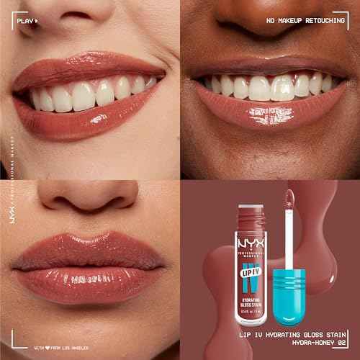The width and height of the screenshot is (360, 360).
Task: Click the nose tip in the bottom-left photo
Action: [90, 194]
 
